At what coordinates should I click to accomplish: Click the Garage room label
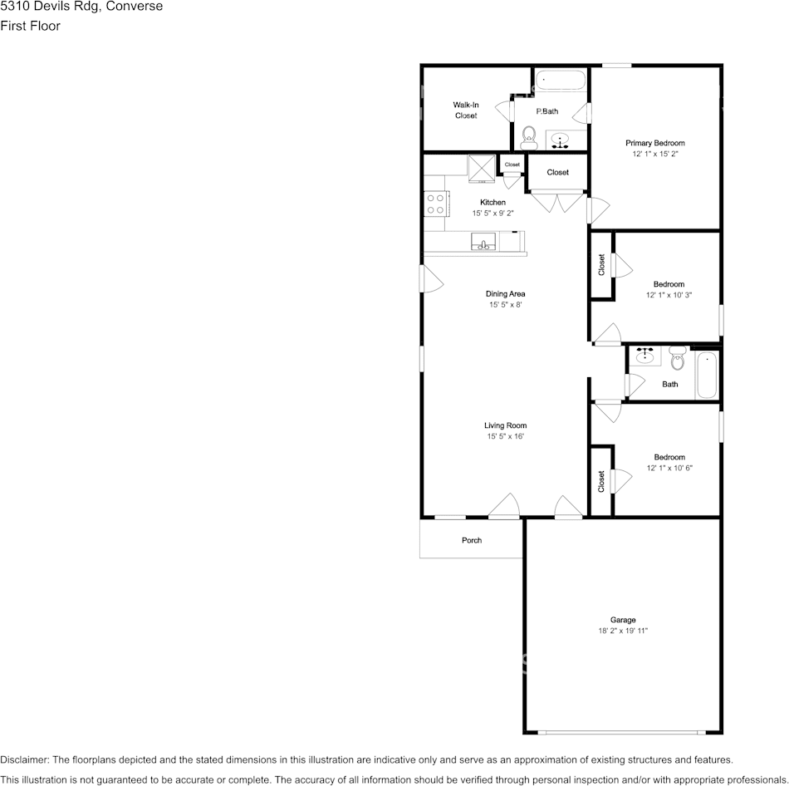pyautogui.click(x=623, y=620)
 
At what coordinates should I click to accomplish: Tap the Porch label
pyautogui.click(x=472, y=540)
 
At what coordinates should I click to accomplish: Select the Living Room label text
pyautogui.click(x=505, y=425)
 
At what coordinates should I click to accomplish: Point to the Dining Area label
pyautogui.click(x=505, y=293)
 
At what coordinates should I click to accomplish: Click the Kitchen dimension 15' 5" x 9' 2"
pyautogui.click(x=493, y=214)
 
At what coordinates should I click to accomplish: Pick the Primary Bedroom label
pyautogui.click(x=654, y=143)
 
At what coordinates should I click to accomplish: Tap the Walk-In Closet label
pyautogui.click(x=465, y=110)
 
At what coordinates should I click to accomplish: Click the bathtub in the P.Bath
pyautogui.click(x=560, y=81)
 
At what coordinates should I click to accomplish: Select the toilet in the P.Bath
pyautogui.click(x=528, y=135)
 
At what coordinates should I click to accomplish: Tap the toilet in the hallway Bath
pyautogui.click(x=677, y=361)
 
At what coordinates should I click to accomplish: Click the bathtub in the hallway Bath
pyautogui.click(x=706, y=375)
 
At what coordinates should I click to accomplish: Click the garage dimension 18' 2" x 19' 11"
pyautogui.click(x=623, y=631)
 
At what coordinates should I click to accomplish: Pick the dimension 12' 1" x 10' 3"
pyautogui.click(x=669, y=295)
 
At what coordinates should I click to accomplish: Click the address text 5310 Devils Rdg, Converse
pyautogui.click(x=81, y=7)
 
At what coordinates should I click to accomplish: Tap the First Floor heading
pyautogui.click(x=30, y=26)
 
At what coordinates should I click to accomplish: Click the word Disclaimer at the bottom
pyautogui.click(x=24, y=759)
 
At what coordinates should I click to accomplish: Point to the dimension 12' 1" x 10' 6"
pyautogui.click(x=669, y=468)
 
